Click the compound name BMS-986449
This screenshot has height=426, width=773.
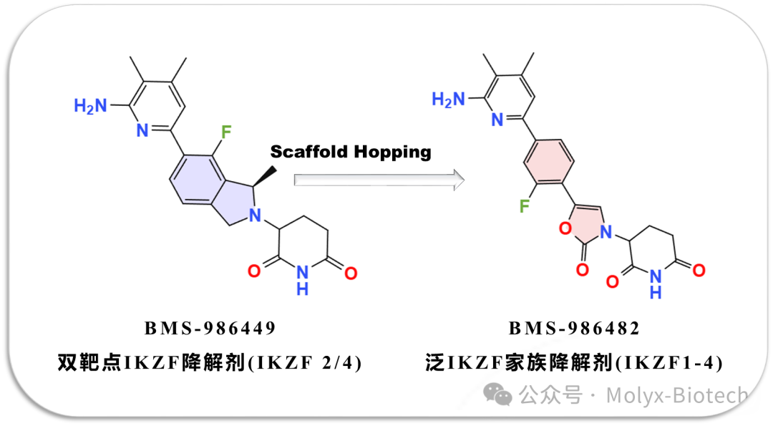(x=210, y=329)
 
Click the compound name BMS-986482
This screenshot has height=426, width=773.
(x=574, y=329)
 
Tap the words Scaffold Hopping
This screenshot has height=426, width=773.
(x=351, y=152)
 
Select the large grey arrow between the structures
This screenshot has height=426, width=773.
(x=379, y=180)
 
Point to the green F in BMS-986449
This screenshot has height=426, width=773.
(x=225, y=132)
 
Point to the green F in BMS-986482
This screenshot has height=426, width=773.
(x=525, y=205)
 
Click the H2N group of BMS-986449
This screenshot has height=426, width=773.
(x=90, y=106)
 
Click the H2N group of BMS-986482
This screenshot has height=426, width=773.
(x=448, y=100)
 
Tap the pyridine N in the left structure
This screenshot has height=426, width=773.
(x=142, y=130)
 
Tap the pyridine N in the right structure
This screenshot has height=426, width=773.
(x=497, y=120)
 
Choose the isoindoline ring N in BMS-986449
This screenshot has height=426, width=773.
(x=255, y=216)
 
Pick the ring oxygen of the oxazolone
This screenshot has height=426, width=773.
(x=565, y=228)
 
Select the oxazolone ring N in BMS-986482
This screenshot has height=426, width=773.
(x=606, y=231)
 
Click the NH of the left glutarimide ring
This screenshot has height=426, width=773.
(x=302, y=279)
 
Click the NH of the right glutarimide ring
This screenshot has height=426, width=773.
(x=655, y=284)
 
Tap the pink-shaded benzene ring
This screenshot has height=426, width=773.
(x=548, y=162)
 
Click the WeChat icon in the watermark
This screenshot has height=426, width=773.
(x=497, y=394)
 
